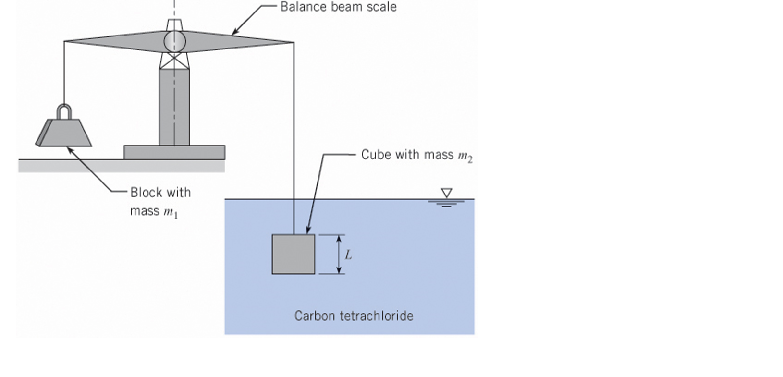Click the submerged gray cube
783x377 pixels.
coord(293,254)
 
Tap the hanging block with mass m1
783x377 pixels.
coord(65,133)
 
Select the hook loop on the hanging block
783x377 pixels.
coord(64,111)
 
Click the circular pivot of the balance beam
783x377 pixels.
coord(174,41)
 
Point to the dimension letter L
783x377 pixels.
coord(348,255)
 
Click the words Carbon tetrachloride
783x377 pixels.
coord(354,316)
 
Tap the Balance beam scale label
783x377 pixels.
coord(338,7)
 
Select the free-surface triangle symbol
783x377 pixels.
coord(446,193)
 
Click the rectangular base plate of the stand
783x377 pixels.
coord(174,152)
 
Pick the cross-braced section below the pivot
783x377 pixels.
coord(174,61)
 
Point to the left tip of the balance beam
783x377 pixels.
coord(65,42)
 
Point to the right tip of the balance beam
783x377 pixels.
coord(293,42)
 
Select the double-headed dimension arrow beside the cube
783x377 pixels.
coord(339,254)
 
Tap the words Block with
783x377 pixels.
coord(160,193)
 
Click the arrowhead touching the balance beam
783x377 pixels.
coord(234,33)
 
